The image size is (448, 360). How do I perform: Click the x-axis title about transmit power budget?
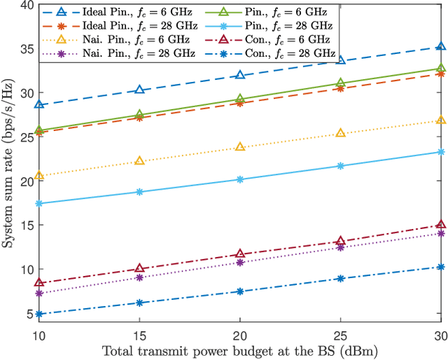240,349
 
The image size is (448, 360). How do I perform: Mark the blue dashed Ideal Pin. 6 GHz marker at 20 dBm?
240,75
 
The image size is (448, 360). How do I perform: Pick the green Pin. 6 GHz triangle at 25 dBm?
341,83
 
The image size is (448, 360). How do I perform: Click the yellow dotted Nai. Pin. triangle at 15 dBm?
139,160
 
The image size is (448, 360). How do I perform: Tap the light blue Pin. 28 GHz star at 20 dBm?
240,179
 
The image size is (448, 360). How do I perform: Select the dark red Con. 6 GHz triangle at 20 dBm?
240,254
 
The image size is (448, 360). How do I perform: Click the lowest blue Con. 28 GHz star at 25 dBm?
341,278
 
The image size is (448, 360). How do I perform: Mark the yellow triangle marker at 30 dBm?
441,120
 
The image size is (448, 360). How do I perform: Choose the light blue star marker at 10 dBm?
39,203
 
